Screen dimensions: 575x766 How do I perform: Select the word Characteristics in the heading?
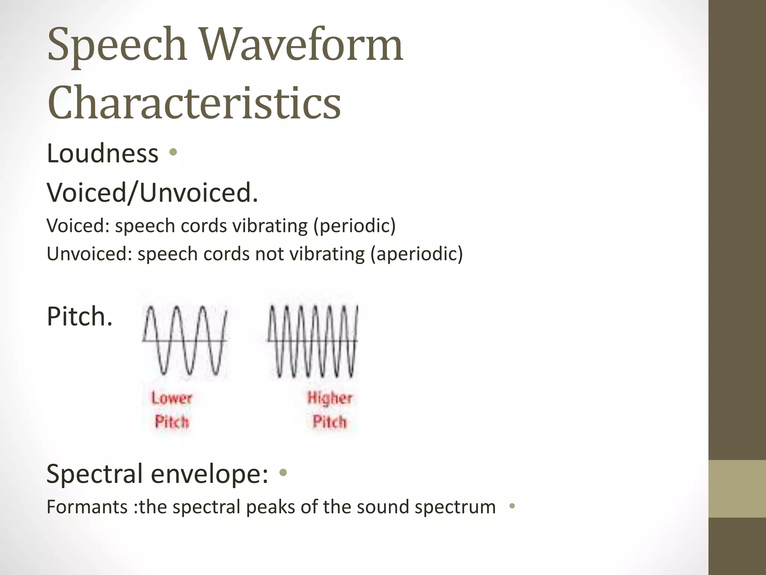click(x=194, y=103)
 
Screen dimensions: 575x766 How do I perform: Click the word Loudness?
click(x=102, y=153)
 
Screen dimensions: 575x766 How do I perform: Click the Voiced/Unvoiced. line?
click(x=152, y=193)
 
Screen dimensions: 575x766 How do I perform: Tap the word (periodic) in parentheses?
click(x=355, y=226)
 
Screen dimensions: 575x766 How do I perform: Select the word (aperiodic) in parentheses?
click(x=416, y=254)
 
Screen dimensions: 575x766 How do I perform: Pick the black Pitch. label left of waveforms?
click(x=80, y=317)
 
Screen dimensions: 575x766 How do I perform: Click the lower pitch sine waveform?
click(x=185, y=341)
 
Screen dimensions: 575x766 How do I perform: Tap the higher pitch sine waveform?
click(x=313, y=341)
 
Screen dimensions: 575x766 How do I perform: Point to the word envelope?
click(x=209, y=474)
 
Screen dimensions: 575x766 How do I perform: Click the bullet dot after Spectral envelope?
click(x=283, y=473)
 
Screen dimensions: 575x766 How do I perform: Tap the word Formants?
click(x=87, y=507)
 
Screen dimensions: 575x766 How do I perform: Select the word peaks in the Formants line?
click(x=271, y=507)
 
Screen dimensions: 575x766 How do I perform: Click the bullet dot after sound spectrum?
click(x=512, y=506)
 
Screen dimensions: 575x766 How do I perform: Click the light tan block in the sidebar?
click(x=737, y=489)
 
